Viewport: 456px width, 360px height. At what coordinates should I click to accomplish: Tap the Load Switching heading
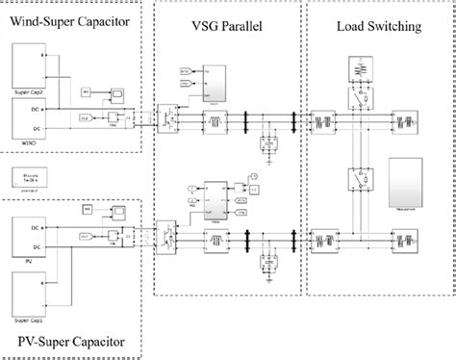point(379,28)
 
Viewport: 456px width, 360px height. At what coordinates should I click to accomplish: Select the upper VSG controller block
point(217,83)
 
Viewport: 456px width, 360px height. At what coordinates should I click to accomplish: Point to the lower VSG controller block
point(217,196)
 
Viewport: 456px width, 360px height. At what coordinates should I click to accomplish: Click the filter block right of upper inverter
point(208,121)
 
